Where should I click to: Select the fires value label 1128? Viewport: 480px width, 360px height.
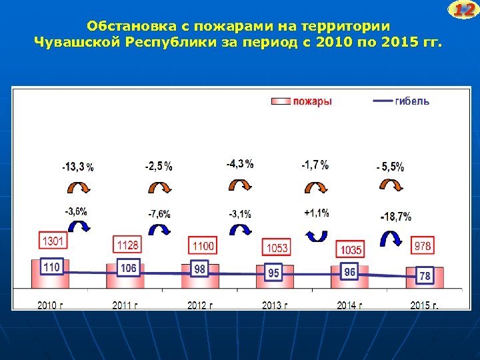click(x=128, y=245)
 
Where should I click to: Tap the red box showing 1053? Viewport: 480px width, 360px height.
click(x=277, y=248)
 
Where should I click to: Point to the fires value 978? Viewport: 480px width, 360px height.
click(x=423, y=246)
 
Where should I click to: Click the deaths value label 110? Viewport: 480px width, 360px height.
click(x=51, y=267)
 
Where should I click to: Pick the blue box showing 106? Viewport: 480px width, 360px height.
click(x=128, y=269)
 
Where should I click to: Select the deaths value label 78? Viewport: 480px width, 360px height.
click(x=424, y=275)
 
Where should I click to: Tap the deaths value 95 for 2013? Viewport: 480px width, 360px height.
click(x=273, y=273)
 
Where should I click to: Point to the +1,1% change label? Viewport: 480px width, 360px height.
click(x=316, y=213)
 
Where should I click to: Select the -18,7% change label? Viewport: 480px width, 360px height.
click(x=395, y=217)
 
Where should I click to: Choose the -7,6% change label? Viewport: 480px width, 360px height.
click(x=159, y=214)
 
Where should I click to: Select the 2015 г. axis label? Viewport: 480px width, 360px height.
click(x=424, y=305)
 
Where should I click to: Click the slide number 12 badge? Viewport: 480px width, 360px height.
click(x=464, y=10)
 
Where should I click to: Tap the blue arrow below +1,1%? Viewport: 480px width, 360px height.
click(x=315, y=234)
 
